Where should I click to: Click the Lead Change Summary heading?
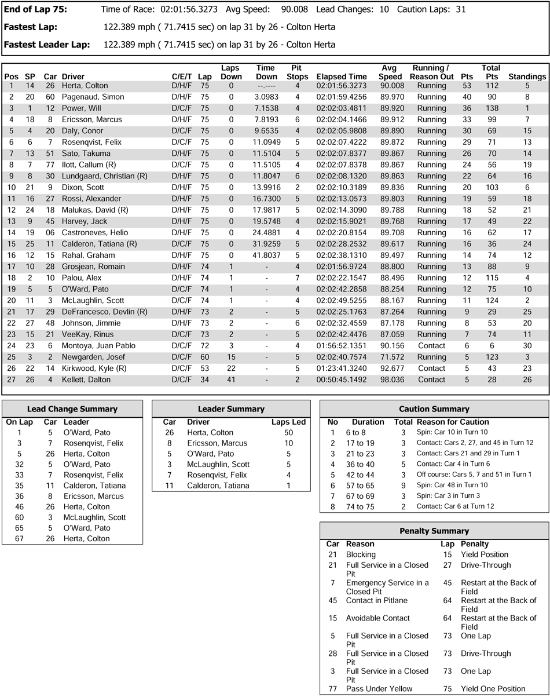(72, 409)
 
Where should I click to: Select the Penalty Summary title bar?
(434, 531)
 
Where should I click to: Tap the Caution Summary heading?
(434, 409)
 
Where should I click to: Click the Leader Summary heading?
(231, 409)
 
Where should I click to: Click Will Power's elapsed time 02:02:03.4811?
(341, 108)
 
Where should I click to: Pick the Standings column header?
(527, 76)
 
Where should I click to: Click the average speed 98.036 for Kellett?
(391, 379)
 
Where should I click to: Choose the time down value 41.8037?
(266, 255)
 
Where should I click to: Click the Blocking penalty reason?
(362, 554)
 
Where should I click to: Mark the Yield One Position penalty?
(493, 689)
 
